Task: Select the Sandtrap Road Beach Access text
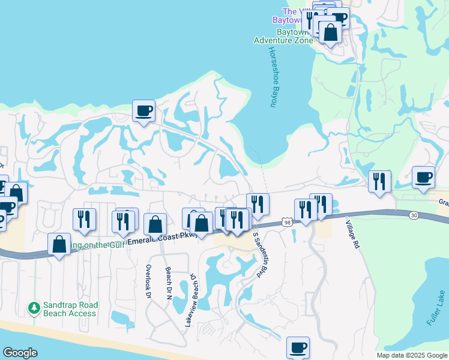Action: (x=69, y=309)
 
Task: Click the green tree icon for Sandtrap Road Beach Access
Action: (x=34, y=308)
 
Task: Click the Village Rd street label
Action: (x=352, y=234)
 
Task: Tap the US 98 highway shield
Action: (x=287, y=223)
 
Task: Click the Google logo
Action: (x=20, y=353)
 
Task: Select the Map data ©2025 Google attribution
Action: (x=412, y=355)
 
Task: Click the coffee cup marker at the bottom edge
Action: (x=298, y=347)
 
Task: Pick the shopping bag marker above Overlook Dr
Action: (x=155, y=225)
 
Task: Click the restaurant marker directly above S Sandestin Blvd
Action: (x=258, y=204)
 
